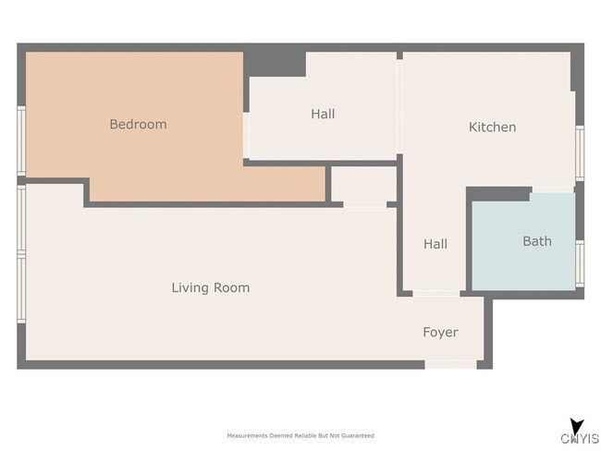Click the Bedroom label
coord(138,124)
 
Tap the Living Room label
coord(211,287)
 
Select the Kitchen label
coord(492,127)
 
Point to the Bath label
coord(537,241)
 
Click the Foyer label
coord(440,332)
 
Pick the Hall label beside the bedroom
coord(323,114)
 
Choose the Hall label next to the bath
coord(435,244)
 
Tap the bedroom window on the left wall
coord(21,141)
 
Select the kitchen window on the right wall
coord(580,152)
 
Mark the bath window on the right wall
coord(580,263)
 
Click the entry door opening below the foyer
coord(451,365)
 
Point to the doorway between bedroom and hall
coord(247,135)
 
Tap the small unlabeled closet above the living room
coord(363,184)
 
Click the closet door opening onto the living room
coord(365,204)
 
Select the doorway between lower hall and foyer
coord(436,294)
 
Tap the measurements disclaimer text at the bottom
coord(300,435)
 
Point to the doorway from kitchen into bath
coord(553,189)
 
